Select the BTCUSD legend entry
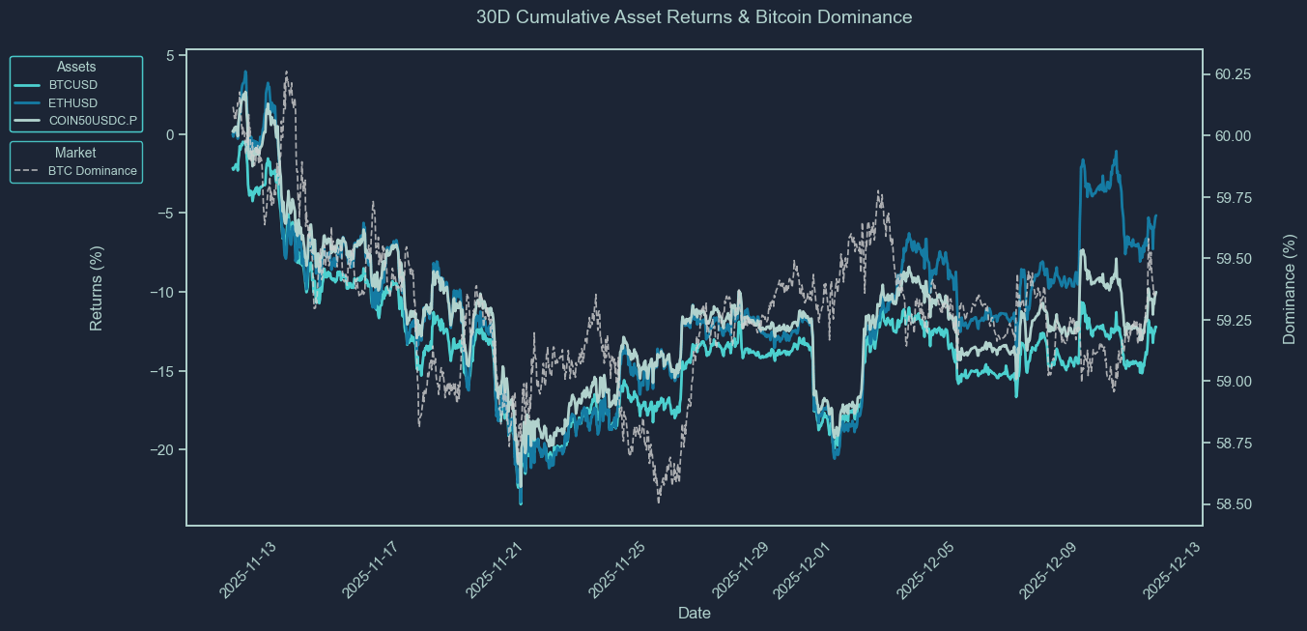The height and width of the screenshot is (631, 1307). (x=73, y=85)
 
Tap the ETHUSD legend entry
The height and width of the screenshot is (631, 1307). (x=73, y=103)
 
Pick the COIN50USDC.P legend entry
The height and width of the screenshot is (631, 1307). (x=93, y=121)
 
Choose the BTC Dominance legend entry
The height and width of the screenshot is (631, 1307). (x=93, y=171)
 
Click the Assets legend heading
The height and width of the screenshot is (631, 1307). (x=76, y=67)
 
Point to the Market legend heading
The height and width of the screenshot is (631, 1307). (x=75, y=153)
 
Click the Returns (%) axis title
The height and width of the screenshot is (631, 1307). (x=97, y=288)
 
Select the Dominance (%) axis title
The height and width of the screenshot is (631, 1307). (x=1289, y=288)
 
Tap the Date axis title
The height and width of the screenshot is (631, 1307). (x=695, y=613)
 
